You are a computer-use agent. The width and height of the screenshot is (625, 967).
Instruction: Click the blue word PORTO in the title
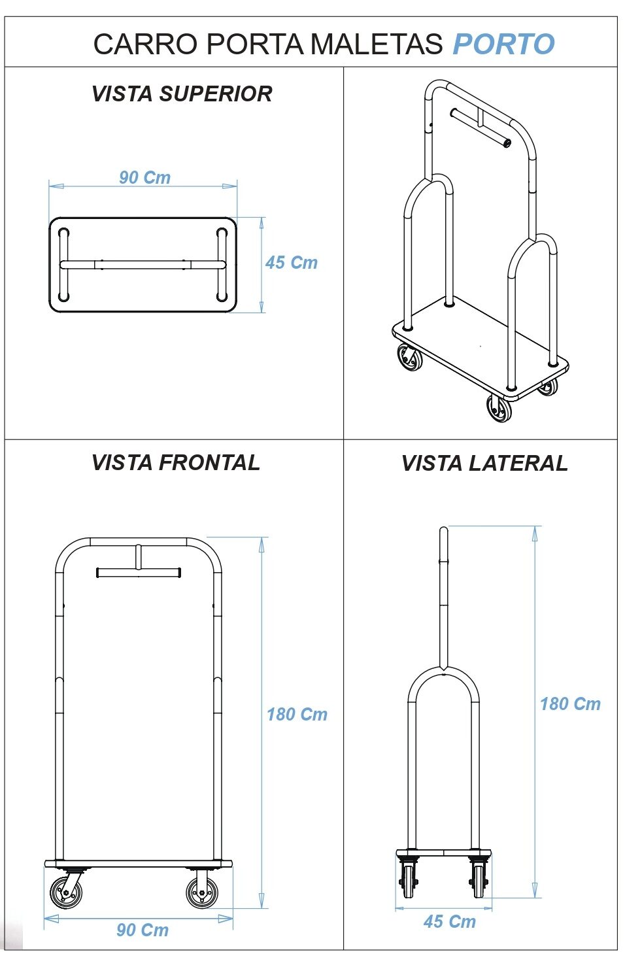(x=503, y=44)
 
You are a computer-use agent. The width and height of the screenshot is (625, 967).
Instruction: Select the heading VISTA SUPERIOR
(x=182, y=94)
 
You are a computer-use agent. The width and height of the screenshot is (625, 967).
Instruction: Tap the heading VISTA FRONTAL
(x=176, y=463)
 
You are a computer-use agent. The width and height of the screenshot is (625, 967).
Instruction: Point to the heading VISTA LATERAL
(x=484, y=464)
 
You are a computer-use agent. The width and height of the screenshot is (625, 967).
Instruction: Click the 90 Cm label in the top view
(x=144, y=178)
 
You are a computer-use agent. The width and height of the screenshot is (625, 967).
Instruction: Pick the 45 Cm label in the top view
(x=291, y=263)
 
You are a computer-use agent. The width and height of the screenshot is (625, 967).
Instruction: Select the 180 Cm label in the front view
(x=297, y=715)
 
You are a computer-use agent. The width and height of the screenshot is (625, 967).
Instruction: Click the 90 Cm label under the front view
(x=143, y=930)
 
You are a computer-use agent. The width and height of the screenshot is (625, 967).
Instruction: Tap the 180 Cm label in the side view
(x=570, y=704)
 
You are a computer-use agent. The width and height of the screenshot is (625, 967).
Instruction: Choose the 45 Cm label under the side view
(x=450, y=922)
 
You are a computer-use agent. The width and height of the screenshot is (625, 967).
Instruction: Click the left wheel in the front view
(x=67, y=892)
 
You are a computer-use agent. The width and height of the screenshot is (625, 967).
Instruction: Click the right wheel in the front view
(x=202, y=892)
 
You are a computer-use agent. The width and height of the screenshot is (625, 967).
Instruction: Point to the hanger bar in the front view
(x=138, y=573)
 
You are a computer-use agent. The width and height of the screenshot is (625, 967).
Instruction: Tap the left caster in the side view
(x=409, y=880)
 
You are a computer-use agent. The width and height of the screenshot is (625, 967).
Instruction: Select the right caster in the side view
(x=479, y=880)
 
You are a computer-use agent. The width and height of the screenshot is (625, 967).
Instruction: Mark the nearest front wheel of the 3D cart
(x=499, y=409)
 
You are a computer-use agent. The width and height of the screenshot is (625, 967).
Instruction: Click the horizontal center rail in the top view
(x=143, y=265)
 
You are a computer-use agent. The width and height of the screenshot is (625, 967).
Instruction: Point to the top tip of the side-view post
(x=444, y=530)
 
